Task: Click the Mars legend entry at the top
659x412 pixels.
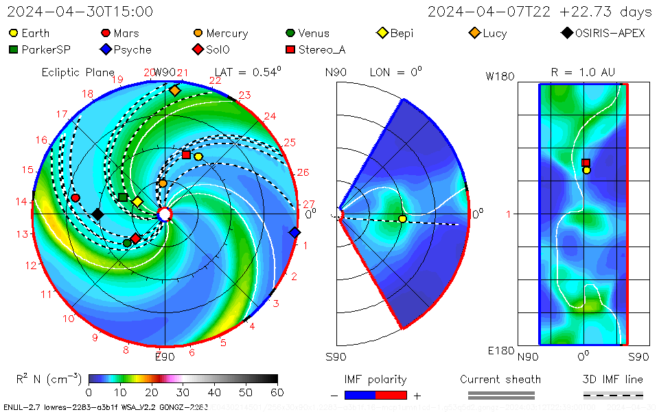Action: point(120,33)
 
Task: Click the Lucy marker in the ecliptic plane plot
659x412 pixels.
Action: point(174,91)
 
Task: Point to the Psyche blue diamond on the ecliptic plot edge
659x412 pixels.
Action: point(294,233)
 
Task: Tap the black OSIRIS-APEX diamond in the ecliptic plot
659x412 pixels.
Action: point(97,214)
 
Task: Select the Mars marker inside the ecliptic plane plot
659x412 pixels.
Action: point(76,198)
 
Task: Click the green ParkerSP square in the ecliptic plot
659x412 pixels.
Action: point(122,198)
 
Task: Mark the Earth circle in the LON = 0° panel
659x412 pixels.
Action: point(402,218)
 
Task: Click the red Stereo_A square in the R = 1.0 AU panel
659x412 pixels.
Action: point(586,163)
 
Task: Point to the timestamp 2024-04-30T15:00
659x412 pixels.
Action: point(80,12)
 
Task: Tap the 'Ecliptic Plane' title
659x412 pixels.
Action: point(78,72)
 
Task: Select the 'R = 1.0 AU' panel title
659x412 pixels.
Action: point(583,72)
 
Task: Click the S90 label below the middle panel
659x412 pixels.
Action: point(336,356)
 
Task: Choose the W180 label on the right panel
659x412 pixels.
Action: point(500,77)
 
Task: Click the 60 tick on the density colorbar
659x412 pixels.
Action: point(277,392)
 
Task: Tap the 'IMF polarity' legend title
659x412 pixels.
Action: point(375,379)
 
